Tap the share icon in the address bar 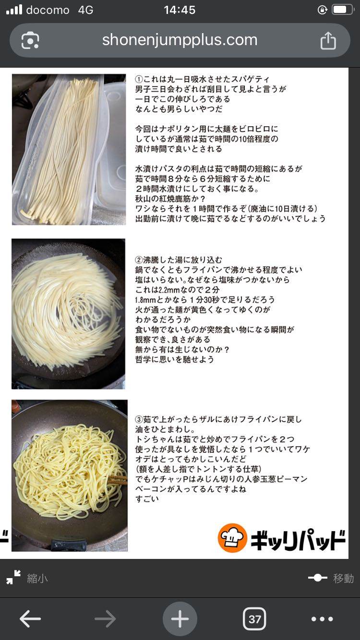click(328, 41)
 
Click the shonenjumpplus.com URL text click(180, 40)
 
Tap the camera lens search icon click(30, 41)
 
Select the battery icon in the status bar click(343, 10)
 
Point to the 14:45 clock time click(180, 10)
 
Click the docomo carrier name click(48, 10)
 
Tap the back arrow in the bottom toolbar click(30, 619)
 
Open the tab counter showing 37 click(254, 619)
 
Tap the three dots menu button click(322, 619)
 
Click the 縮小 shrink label click(37, 579)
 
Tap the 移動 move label click(343, 578)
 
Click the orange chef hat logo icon click(232, 538)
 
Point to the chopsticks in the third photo click(117, 479)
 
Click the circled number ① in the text click(139, 79)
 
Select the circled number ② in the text click(139, 260)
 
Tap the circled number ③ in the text click(139, 419)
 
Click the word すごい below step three click(147, 499)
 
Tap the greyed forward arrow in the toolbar click(105, 619)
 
